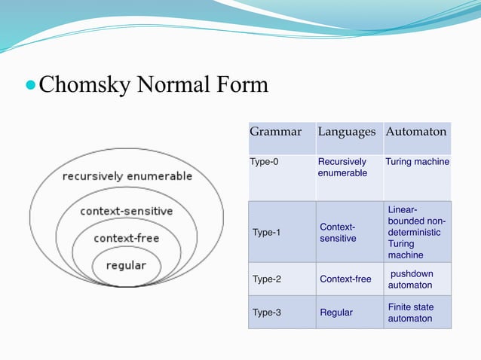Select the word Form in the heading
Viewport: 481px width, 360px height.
(242, 84)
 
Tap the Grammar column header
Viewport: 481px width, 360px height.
(275, 132)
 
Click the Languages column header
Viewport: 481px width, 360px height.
(346, 132)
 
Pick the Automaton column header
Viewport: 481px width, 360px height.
(416, 132)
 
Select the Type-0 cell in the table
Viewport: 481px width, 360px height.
(264, 162)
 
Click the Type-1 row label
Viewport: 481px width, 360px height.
(266, 233)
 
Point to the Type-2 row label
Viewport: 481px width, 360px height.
(266, 279)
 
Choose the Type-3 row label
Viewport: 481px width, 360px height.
(266, 313)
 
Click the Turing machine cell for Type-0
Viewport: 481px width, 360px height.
(417, 162)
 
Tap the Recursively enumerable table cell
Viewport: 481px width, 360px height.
(342, 167)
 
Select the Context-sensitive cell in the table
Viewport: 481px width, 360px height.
(338, 233)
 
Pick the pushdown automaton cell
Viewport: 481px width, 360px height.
(411, 279)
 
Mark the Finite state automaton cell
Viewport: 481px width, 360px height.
(411, 313)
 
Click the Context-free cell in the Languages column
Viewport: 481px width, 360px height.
(345, 279)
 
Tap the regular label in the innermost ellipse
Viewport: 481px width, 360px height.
(126, 265)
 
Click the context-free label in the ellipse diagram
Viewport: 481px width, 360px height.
(126, 238)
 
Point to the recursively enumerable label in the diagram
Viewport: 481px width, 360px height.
(127, 176)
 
